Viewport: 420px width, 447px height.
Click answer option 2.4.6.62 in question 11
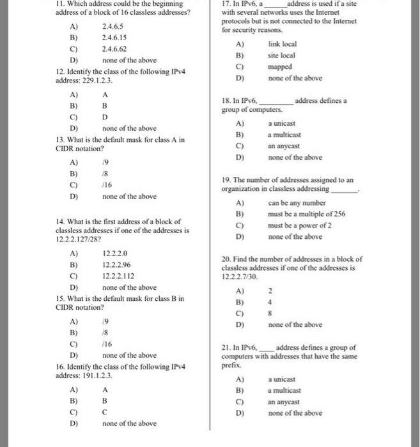coord(113,49)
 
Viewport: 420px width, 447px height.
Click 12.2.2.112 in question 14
coord(118,276)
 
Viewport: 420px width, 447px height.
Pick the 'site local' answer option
coord(281,55)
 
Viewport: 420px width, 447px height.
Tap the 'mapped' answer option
coord(279,66)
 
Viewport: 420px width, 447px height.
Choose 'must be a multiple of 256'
coord(306,213)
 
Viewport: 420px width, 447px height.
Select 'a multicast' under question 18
coord(285,134)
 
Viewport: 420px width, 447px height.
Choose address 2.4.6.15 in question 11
coord(113,37)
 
